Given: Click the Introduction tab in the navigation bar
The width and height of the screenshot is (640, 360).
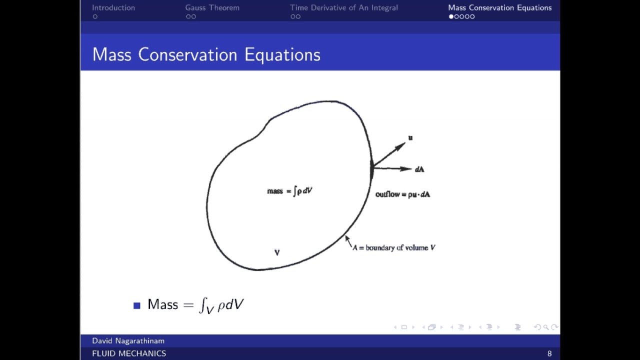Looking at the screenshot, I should [x=113, y=7].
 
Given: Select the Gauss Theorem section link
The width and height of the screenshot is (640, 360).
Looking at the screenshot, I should [x=212, y=7].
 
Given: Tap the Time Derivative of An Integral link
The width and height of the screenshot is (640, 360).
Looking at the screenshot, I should [x=344, y=7].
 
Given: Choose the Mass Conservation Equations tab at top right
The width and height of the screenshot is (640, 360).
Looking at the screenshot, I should [x=499, y=7].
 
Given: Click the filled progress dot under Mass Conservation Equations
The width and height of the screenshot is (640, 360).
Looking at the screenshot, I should [x=451, y=16].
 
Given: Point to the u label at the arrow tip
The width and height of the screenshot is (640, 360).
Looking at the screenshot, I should [x=410, y=137].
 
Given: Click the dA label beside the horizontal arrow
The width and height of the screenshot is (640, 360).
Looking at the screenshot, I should [x=419, y=169].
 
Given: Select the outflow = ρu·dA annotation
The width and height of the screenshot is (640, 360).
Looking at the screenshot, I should [x=402, y=194].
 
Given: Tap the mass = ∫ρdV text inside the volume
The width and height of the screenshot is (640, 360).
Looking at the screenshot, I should [x=290, y=191].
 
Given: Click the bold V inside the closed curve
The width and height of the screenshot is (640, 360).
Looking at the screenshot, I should [x=277, y=252].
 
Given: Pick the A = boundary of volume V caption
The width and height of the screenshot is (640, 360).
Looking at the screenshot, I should [x=394, y=247].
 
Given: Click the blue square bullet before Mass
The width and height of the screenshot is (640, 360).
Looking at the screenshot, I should [x=137, y=305].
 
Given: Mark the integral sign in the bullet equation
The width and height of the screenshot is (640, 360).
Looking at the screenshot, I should [x=202, y=304].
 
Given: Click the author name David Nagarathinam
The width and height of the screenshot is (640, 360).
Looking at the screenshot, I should [x=128, y=341].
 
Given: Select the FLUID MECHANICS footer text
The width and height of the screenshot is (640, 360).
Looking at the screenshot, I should [x=129, y=353].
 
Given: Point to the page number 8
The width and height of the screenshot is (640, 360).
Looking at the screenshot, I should [x=549, y=353].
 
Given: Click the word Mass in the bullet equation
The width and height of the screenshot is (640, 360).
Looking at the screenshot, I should [x=162, y=304].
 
